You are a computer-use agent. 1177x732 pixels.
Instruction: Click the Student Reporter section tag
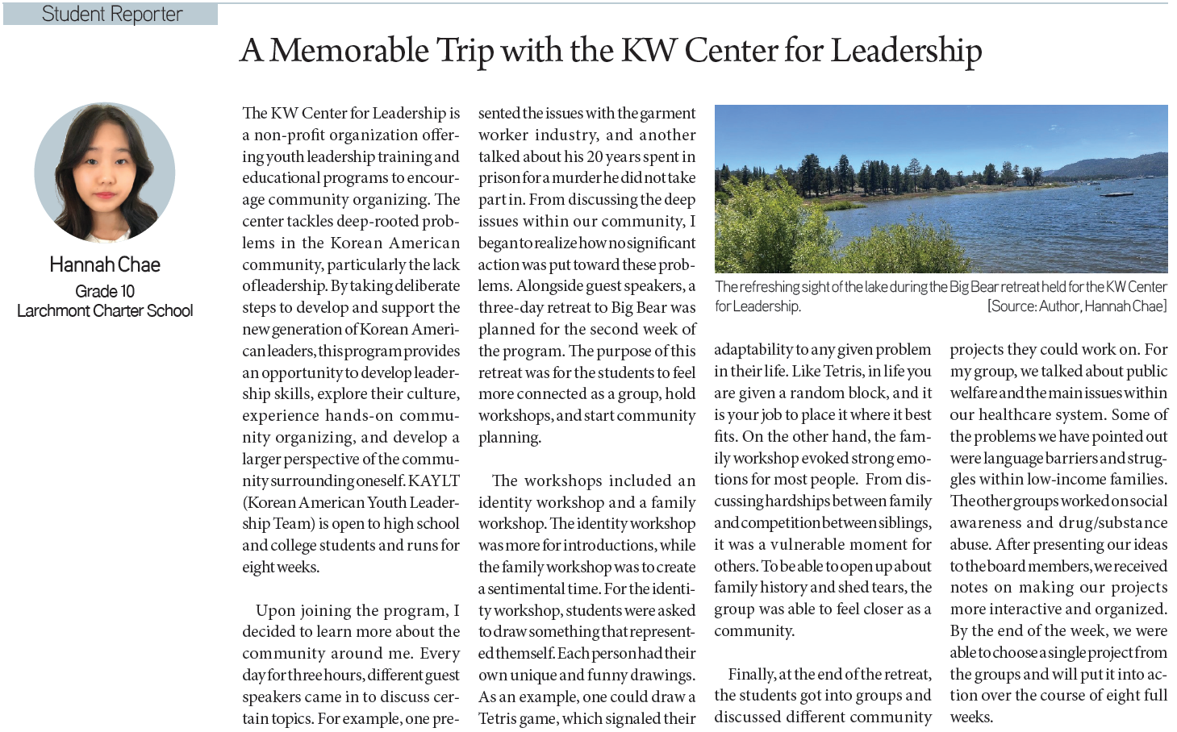(111, 15)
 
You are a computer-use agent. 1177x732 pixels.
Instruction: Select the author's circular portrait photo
(105, 173)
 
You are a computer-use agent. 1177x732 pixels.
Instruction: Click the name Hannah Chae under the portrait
(105, 264)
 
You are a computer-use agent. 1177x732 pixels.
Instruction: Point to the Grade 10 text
(105, 291)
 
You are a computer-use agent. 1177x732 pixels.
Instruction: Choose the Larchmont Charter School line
(105, 311)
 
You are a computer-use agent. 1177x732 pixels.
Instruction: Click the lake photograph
(941, 189)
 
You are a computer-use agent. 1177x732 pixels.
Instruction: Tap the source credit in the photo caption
(1076, 306)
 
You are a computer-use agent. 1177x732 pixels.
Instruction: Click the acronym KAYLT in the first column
(434, 480)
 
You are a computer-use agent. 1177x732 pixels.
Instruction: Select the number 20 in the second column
(595, 156)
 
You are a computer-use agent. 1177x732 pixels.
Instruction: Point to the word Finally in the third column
(751, 674)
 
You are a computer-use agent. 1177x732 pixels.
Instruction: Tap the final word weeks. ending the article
(971, 717)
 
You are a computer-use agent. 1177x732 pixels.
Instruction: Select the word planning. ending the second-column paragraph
(510, 438)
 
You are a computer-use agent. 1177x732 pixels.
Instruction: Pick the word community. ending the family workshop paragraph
(754, 631)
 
